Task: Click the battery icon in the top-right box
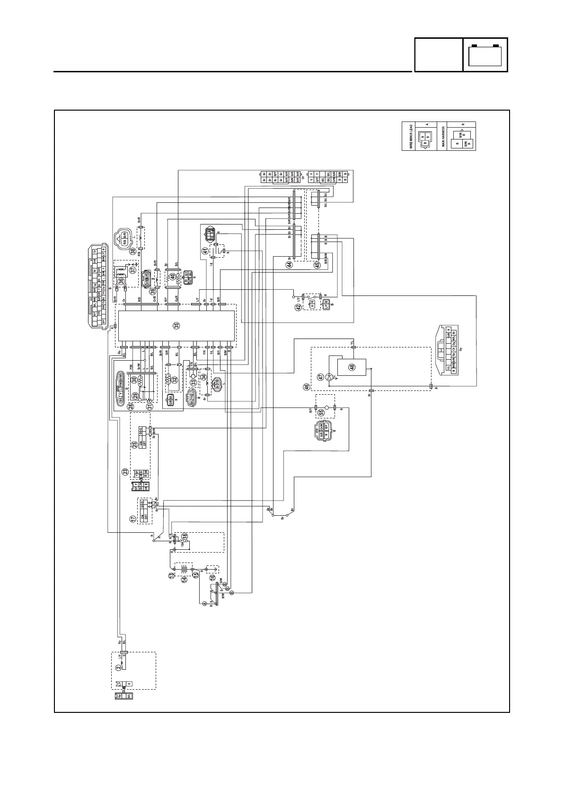click(x=485, y=55)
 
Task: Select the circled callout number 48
click(x=352, y=367)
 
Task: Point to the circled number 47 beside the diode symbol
click(x=320, y=377)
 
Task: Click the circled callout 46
click(x=307, y=387)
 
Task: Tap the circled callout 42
click(x=298, y=307)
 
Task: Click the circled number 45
click(x=317, y=265)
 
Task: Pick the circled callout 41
click(x=205, y=251)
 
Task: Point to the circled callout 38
click(x=133, y=251)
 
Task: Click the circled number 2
click(x=118, y=668)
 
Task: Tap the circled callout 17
click(x=133, y=519)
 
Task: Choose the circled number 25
click(x=135, y=444)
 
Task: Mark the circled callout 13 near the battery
click(x=171, y=576)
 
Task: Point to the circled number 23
click(x=125, y=471)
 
